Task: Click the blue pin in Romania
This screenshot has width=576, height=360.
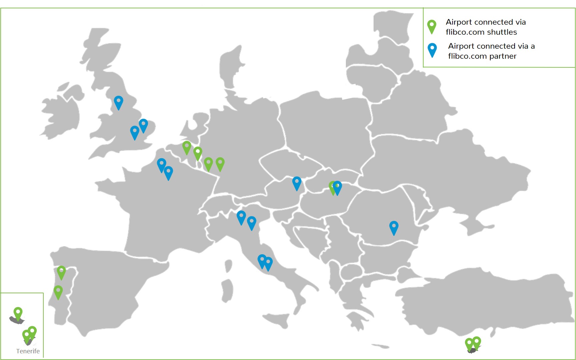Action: pos(394,227)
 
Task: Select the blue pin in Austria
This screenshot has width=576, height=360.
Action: pos(297,183)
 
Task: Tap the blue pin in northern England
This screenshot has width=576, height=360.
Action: pos(118,101)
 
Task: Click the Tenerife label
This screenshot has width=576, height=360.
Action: pos(28,351)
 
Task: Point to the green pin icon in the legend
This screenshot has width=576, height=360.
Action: pos(432,26)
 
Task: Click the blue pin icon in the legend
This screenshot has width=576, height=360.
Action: pos(432,49)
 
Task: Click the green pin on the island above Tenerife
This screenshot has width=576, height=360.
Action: pos(18,313)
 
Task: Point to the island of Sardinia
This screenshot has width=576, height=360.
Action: pos(227,290)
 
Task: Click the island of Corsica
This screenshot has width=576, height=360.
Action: pos(228,266)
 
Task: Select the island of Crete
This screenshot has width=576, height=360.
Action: pos(380,346)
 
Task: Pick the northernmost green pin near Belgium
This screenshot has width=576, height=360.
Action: pos(187,147)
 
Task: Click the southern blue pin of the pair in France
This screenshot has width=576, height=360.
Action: pos(168,172)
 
